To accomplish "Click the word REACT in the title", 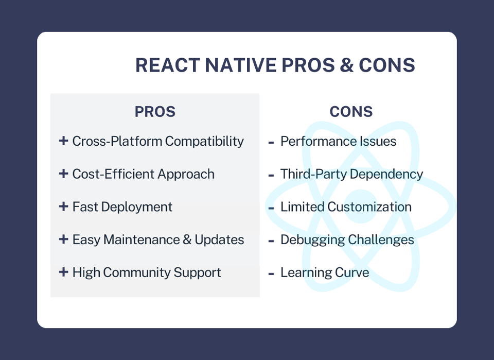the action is (x=168, y=65).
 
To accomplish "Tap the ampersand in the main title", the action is (x=347, y=65).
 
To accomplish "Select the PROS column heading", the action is (x=155, y=112).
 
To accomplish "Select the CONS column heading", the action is (x=351, y=112).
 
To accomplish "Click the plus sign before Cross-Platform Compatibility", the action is (x=63, y=141).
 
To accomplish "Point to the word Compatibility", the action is (x=204, y=141).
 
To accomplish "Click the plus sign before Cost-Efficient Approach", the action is (x=63, y=174).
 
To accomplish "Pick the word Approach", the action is (x=186, y=174).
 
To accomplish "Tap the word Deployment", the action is (x=137, y=207).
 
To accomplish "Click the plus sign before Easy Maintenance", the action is (x=63, y=239).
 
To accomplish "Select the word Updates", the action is (x=219, y=240).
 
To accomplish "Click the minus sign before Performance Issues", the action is (x=271, y=143).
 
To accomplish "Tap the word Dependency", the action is (x=386, y=174).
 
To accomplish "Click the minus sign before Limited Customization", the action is (x=271, y=209).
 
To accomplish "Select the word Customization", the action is (x=369, y=207).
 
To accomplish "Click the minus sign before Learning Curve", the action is (x=271, y=274).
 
